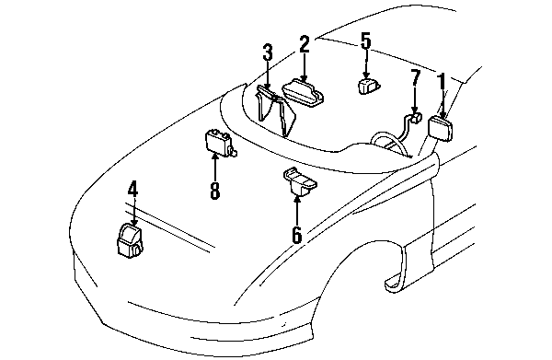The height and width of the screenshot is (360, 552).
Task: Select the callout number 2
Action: [305, 44]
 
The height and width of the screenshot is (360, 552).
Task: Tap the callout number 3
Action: [268, 52]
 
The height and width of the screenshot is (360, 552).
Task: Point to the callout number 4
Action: [132, 188]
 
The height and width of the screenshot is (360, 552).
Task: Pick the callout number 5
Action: [366, 40]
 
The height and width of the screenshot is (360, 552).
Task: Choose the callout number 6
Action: [297, 234]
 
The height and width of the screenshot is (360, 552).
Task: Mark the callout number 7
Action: [416, 77]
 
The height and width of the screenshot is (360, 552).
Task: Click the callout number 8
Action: [214, 191]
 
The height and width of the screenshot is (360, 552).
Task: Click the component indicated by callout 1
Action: [441, 128]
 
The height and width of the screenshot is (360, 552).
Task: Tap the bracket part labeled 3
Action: [276, 110]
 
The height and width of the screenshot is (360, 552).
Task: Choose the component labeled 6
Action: [300, 181]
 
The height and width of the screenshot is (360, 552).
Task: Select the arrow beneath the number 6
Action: [297, 210]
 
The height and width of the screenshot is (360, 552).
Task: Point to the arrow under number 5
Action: [366, 64]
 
